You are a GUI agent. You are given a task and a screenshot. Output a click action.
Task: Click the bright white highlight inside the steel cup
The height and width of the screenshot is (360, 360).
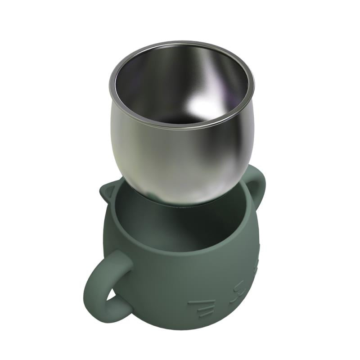(x=205, y=106)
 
